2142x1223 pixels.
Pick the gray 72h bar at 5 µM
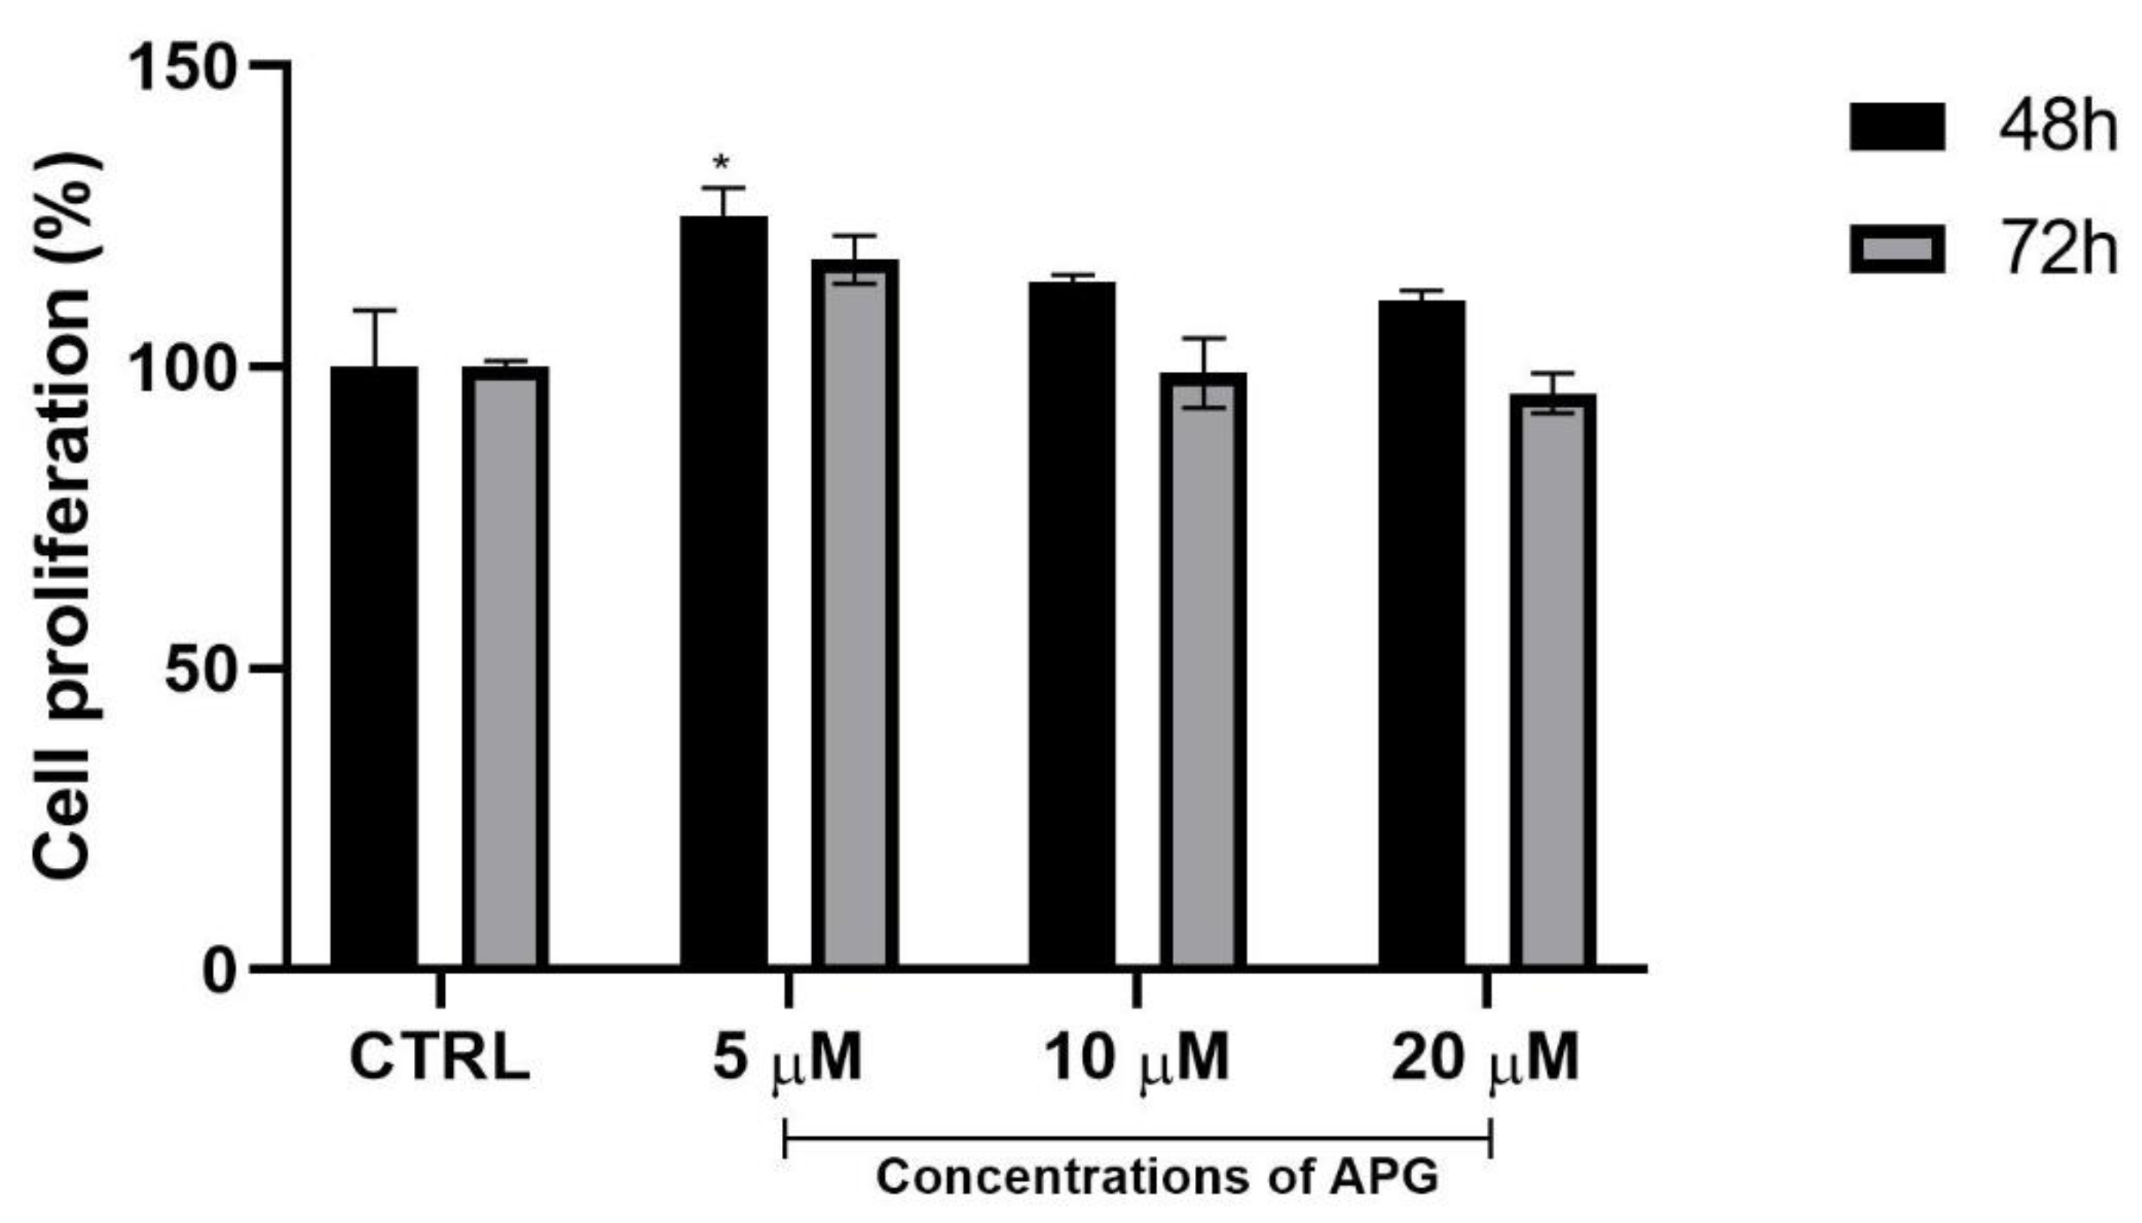854,613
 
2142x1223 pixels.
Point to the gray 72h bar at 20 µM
1552,680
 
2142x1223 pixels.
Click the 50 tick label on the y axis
198,669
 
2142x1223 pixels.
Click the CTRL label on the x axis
439,1058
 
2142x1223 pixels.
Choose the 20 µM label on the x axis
1485,1058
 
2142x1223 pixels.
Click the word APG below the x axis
1383,1177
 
